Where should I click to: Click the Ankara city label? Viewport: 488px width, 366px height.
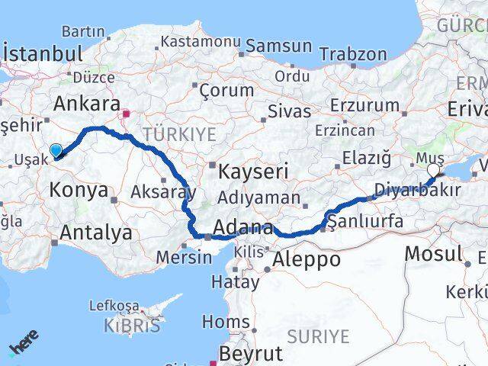tap(86, 104)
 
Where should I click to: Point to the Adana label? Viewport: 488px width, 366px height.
tap(243, 227)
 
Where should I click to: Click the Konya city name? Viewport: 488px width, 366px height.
tap(79, 190)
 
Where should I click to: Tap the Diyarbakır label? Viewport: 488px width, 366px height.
tap(418, 191)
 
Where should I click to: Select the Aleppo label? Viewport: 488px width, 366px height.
tap(303, 259)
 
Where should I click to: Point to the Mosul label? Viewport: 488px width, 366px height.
tap(434, 253)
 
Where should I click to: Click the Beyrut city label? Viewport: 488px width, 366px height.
tap(250, 354)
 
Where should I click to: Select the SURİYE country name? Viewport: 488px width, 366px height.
tap(318, 336)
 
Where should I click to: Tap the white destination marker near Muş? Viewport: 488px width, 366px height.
tap(434, 170)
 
